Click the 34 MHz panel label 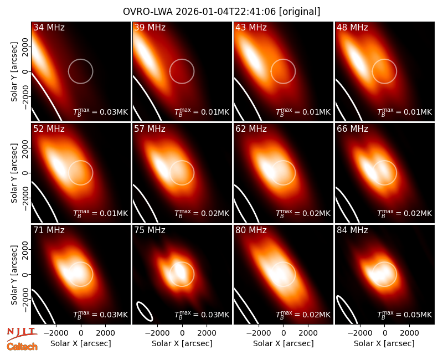[49, 27]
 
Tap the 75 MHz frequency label [150, 230]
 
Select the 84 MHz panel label [352, 230]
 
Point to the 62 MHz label [251, 129]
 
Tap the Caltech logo [22, 347]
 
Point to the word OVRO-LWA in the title [148, 12]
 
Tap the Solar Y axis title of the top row [14, 72]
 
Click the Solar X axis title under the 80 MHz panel [284, 343]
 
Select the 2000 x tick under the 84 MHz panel [409, 333]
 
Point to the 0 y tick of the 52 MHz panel [25, 173]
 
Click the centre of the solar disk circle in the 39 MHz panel [182, 71]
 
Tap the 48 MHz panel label [352, 27]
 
